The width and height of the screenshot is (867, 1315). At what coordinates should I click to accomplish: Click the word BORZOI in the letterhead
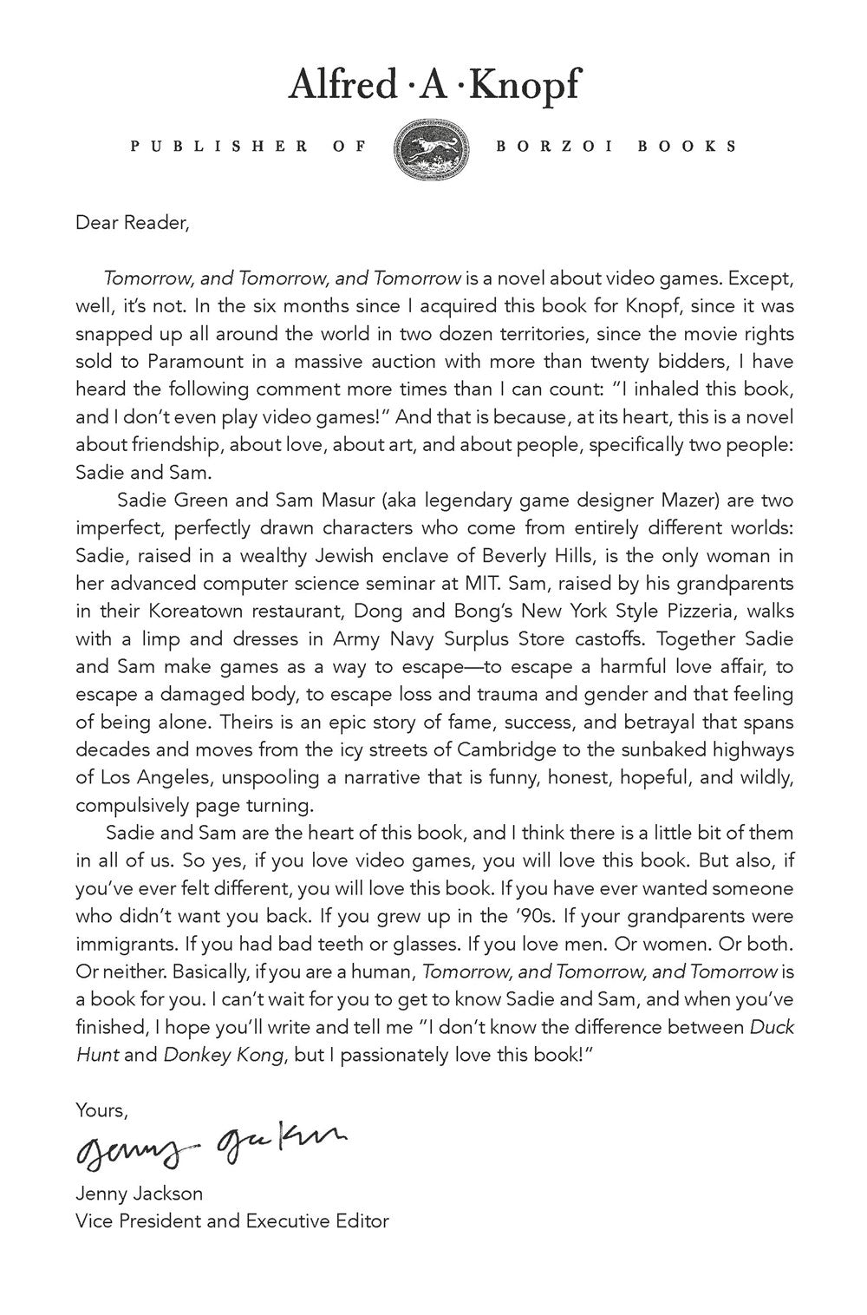pyautogui.click(x=555, y=147)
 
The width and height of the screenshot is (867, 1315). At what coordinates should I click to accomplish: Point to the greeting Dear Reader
pyautogui.click(x=132, y=223)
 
